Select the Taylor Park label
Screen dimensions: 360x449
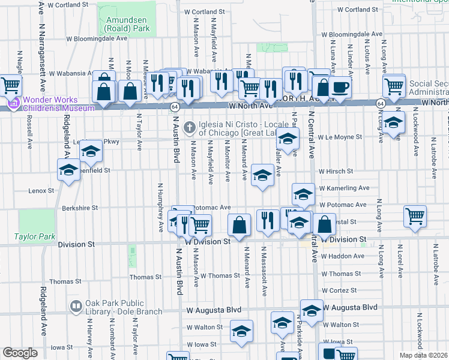(x=35, y=237)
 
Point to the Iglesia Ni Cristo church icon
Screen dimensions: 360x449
(x=190, y=127)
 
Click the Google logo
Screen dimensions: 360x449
(x=20, y=353)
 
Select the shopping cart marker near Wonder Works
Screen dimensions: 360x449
(x=11, y=86)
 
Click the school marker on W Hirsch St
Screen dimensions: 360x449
(x=262, y=175)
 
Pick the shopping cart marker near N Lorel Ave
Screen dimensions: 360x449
(x=415, y=216)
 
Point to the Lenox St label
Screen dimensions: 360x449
(x=41, y=191)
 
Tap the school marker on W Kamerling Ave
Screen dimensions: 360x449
(x=303, y=194)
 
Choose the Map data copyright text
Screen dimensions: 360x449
(x=424, y=355)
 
